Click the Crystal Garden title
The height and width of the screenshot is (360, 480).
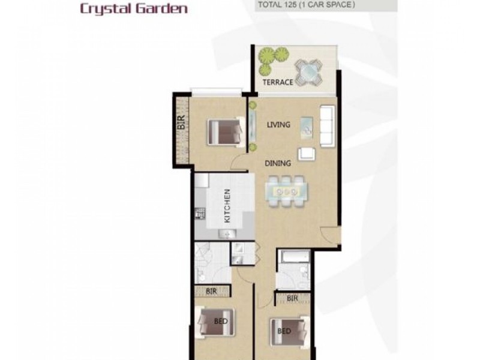coord(133,9)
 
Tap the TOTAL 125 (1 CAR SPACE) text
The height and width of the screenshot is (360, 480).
coord(306,5)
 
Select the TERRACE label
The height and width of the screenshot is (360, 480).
coord(277,82)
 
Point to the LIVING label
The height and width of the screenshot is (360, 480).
coord(278,125)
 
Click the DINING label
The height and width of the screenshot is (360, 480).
coord(278,163)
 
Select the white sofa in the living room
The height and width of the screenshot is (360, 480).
coord(328,126)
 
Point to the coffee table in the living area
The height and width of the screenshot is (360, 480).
coord(307,127)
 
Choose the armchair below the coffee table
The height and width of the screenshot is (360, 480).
coord(307,154)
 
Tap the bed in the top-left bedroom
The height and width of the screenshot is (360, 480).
coord(224,132)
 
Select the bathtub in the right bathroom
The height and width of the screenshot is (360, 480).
coord(293,257)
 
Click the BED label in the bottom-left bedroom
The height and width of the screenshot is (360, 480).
coord(221,321)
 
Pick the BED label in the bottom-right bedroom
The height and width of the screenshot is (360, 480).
coord(284,331)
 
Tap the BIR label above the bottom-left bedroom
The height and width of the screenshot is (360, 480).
coord(211,292)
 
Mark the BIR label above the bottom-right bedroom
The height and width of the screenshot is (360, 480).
coord(292,298)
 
